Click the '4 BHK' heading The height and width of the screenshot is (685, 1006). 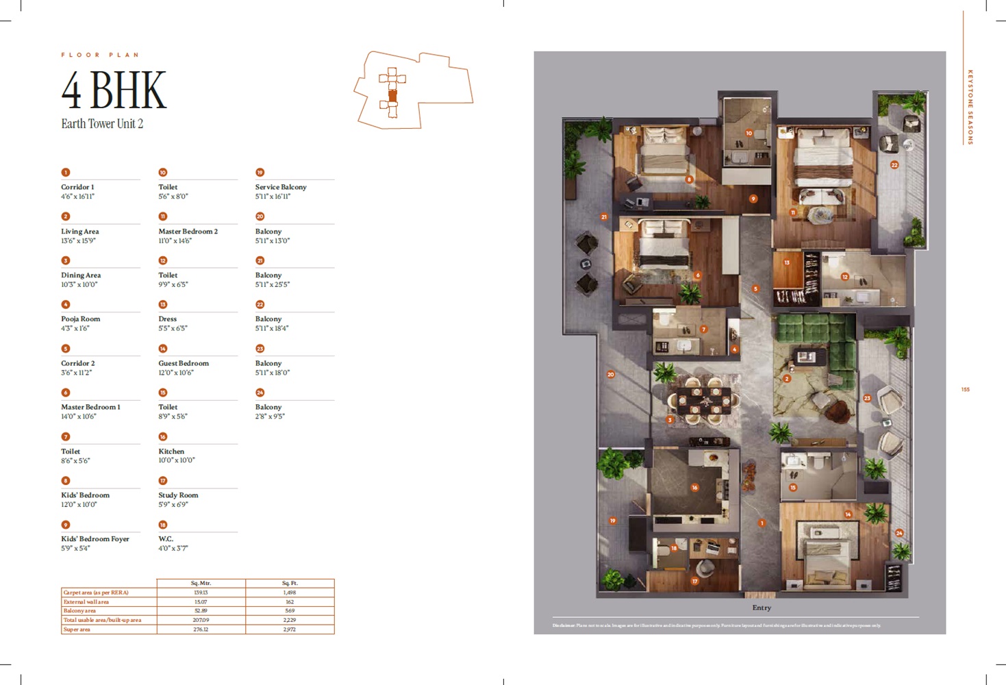[114, 90]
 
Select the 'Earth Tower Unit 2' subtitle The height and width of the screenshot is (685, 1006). [102, 124]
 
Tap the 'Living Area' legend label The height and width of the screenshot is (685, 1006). [80, 232]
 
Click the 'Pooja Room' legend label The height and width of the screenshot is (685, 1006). [81, 319]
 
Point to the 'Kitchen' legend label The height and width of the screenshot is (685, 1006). [171, 451]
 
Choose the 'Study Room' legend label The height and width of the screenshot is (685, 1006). [178, 495]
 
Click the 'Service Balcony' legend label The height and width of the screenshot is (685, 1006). [281, 187]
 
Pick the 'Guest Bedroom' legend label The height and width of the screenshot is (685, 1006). [184, 363]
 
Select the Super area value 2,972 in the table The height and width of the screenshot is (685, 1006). [290, 630]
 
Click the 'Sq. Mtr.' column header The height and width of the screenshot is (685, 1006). [201, 584]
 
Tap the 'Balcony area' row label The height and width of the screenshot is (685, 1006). [79, 611]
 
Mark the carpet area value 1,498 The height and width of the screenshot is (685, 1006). [290, 593]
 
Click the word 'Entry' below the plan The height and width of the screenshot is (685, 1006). [762, 608]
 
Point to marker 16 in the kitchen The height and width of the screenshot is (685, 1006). [694, 488]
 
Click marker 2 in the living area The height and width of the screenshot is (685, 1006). [787, 379]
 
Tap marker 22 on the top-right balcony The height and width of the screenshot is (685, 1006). [894, 165]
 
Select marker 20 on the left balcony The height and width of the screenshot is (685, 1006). [611, 375]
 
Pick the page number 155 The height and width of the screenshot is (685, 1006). [965, 390]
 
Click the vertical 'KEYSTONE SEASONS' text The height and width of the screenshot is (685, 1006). [970, 106]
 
